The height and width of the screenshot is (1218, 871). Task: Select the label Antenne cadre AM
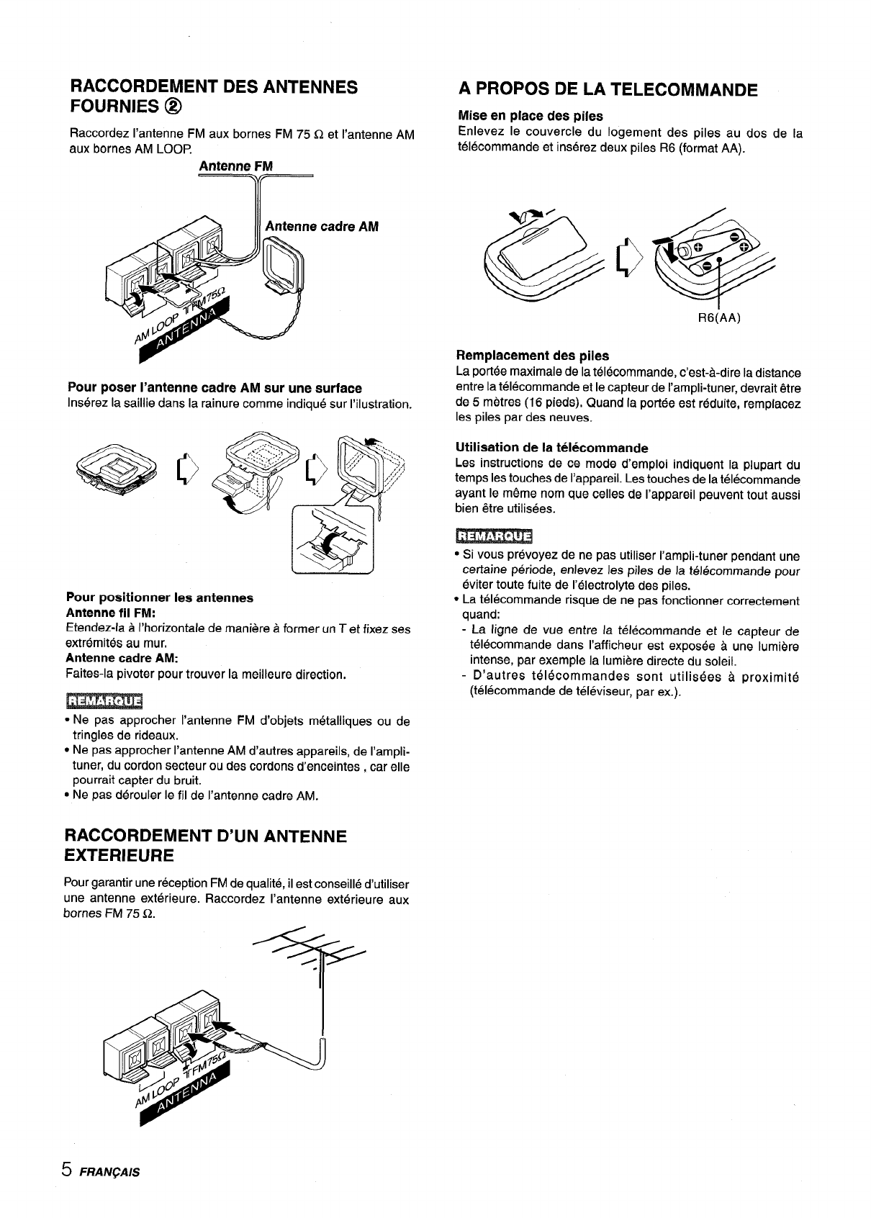[322, 227]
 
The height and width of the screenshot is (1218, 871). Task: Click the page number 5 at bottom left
[66, 1169]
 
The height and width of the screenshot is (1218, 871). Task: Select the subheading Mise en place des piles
[530, 116]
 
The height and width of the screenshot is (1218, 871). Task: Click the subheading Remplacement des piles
[533, 356]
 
